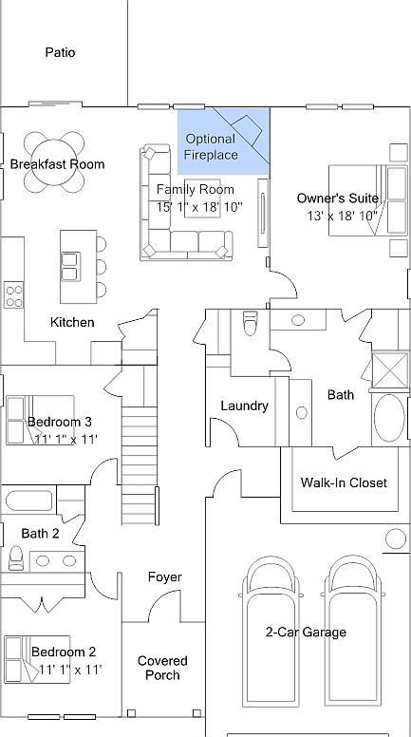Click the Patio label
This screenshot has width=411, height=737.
(x=60, y=52)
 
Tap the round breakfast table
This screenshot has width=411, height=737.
(x=54, y=162)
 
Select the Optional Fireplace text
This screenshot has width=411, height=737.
(x=211, y=146)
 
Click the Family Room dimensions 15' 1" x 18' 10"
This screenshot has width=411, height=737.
(x=199, y=207)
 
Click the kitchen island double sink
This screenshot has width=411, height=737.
(x=70, y=267)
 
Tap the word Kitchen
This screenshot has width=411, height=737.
(x=72, y=323)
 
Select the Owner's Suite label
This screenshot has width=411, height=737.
(x=337, y=198)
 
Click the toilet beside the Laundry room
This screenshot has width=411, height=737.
(x=251, y=323)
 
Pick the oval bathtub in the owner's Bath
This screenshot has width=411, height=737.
(x=389, y=418)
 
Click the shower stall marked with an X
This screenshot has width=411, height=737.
(x=390, y=370)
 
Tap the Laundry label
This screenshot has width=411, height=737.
(x=244, y=406)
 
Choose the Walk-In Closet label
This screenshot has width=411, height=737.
(x=344, y=482)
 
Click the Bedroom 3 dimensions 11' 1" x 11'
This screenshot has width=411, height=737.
(x=65, y=440)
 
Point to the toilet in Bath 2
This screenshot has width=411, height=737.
(x=16, y=557)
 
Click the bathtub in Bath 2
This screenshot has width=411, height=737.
(x=29, y=501)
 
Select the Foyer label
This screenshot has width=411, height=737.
(x=165, y=577)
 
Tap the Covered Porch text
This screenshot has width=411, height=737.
(x=162, y=668)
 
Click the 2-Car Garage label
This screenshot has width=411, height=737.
(x=307, y=633)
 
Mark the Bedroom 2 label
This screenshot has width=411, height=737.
(x=64, y=652)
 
